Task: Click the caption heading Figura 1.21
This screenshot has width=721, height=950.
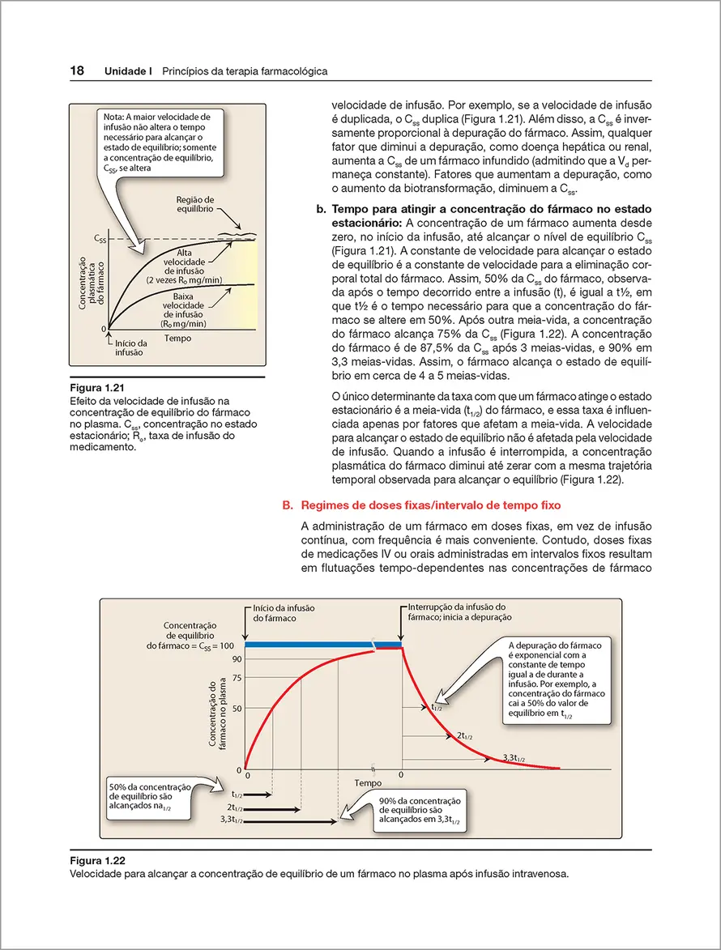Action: click(99, 386)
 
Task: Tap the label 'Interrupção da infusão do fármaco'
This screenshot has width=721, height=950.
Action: click(457, 611)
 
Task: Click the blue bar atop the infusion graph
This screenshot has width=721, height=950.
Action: click(324, 645)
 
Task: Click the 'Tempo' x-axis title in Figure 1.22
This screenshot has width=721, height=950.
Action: click(368, 784)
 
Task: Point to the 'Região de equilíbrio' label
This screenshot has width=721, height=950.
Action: click(195, 203)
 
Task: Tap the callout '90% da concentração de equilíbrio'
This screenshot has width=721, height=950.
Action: click(419, 811)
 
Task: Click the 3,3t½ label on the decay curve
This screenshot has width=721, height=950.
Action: click(514, 757)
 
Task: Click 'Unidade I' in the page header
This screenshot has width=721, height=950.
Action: click(129, 72)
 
